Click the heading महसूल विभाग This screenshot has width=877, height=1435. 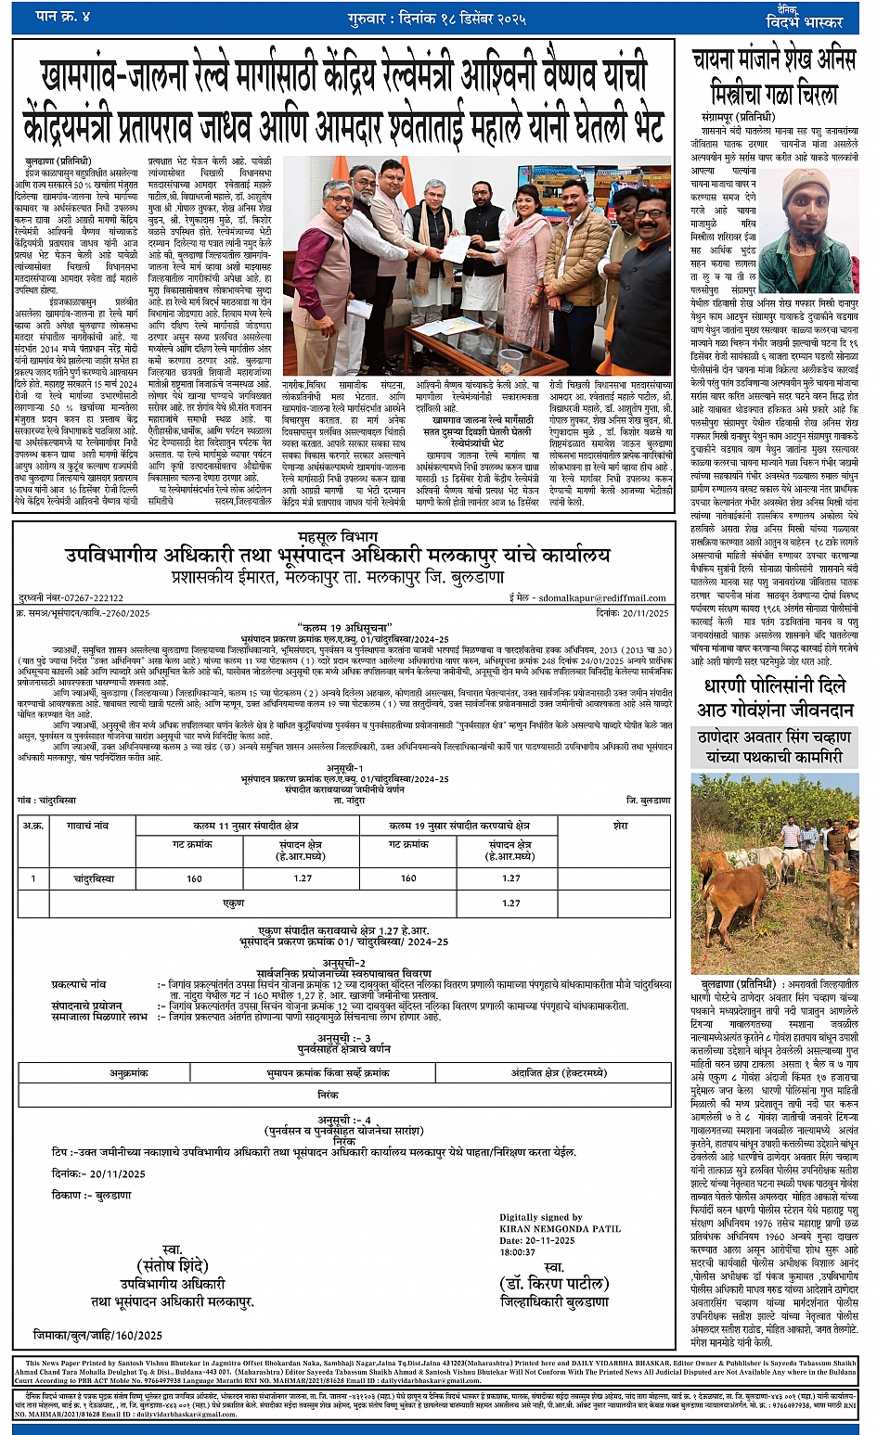(x=338, y=537)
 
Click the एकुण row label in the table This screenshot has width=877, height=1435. (x=234, y=903)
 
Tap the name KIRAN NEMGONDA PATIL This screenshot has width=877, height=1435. (x=559, y=1228)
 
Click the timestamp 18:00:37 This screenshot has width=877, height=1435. (x=518, y=1251)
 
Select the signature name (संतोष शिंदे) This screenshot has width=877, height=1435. (x=172, y=1266)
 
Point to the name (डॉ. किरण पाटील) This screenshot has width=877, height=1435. (x=553, y=1285)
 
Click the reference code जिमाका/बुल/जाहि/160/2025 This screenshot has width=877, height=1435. (x=97, y=1335)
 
